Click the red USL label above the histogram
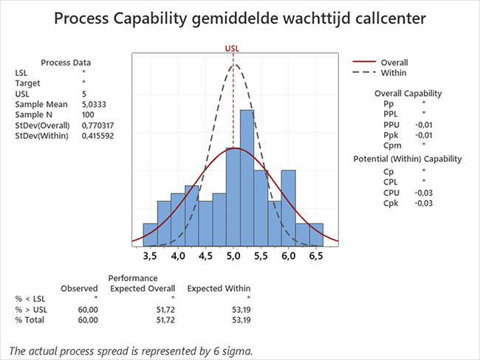(233, 49)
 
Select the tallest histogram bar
(253, 177)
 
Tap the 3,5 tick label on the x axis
(150, 257)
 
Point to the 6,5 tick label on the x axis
(315, 257)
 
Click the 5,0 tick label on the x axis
(233, 257)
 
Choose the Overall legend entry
(394, 63)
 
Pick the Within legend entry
(394, 73)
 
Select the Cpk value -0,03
(424, 203)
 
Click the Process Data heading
(66, 63)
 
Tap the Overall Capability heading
(408, 94)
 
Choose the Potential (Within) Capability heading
(408, 159)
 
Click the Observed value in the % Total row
(87, 320)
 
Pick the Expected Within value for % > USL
(240, 310)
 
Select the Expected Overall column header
(143, 288)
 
